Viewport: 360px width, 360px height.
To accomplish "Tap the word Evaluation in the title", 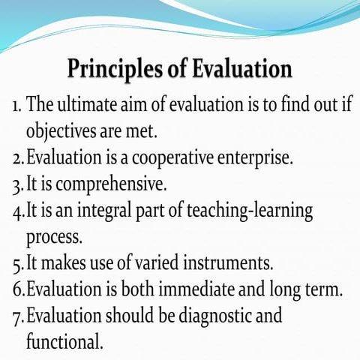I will pyautogui.click(x=241, y=69).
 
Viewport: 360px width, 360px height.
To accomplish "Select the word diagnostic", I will pyautogui.click(x=221, y=315).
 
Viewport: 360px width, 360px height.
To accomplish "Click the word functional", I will pyautogui.click(x=64, y=341).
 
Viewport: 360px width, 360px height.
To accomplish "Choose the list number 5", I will pyautogui.click(x=16, y=262).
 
